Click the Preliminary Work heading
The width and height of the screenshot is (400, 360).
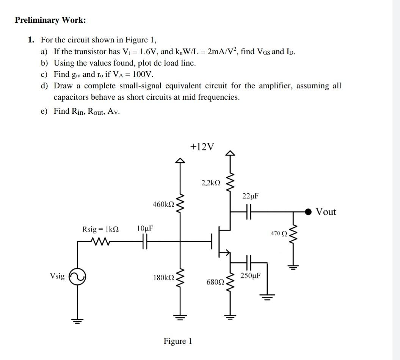50,20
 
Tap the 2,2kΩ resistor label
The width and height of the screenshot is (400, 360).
211,183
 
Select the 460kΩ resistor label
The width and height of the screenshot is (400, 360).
163,204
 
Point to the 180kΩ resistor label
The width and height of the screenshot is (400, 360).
163,277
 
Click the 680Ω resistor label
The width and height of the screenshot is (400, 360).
215,282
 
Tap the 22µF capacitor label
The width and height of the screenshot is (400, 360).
250,196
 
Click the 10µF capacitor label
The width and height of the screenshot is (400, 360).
145,229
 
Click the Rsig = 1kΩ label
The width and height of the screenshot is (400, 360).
100,229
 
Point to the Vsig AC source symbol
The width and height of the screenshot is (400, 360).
78,276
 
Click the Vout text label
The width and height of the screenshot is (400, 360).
326,211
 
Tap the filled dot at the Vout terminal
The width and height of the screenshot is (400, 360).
309,211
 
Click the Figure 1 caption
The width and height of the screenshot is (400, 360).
178,341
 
